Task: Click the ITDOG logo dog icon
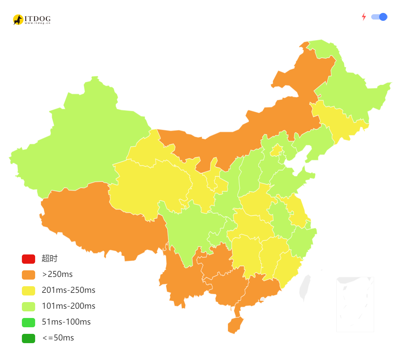tap(18, 20)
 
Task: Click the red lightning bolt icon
tap(364, 17)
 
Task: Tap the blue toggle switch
tap(379, 17)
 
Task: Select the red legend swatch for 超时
tap(28, 259)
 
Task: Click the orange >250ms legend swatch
tap(28, 275)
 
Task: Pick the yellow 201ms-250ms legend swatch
tap(28, 291)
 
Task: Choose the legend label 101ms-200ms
tap(69, 306)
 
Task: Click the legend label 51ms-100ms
tap(66, 322)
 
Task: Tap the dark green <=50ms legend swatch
tap(28, 338)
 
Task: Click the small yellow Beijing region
tap(276, 151)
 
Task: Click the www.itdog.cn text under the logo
tap(37, 23)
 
